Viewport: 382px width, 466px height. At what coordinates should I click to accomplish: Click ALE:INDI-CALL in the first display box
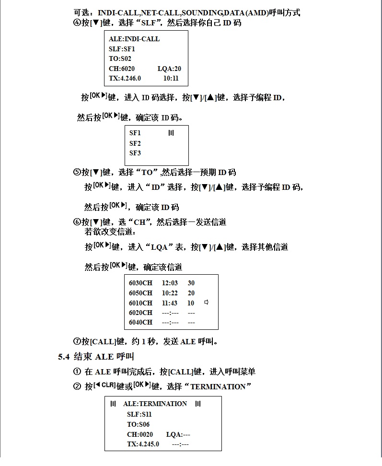pos(134,39)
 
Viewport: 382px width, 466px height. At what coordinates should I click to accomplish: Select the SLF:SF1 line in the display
pos(122,49)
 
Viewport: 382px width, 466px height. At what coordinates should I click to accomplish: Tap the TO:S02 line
pos(120,58)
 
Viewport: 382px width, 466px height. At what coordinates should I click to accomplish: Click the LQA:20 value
pos(169,69)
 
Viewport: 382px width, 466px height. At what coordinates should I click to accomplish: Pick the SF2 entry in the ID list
pos(135,143)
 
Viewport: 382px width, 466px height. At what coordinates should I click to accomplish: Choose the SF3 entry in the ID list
pos(135,153)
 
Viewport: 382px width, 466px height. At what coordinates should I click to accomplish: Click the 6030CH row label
pos(140,283)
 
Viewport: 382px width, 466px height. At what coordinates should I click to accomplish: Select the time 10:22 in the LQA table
pos(170,293)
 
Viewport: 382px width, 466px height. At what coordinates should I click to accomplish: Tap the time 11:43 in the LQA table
pos(170,303)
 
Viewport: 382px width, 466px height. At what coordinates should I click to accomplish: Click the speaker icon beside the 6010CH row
pos(207,303)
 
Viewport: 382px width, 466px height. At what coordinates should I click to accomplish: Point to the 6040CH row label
pos(140,323)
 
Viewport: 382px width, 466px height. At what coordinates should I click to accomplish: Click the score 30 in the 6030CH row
pos(191,283)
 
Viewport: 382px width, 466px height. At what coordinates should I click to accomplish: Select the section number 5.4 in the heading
pos(64,357)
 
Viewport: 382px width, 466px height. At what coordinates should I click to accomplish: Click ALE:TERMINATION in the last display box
pos(155,404)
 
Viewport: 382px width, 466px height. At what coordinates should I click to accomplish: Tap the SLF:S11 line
pos(139,414)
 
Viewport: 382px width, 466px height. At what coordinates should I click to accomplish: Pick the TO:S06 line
pos(138,424)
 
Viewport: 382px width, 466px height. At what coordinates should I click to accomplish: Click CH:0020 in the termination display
pos(140,434)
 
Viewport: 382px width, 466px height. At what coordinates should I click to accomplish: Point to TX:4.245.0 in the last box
pos(143,444)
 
